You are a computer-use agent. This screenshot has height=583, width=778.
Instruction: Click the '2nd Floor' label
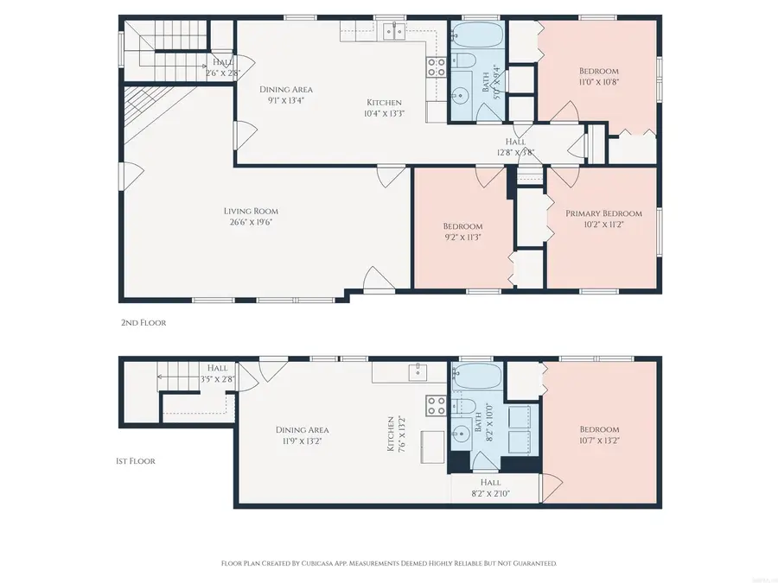pos(143,322)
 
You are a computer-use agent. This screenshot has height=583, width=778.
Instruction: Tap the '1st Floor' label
pos(136,461)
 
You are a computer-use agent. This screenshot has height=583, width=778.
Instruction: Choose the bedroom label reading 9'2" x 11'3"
pos(462,232)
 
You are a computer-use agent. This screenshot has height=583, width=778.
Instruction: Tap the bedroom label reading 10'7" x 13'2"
pos(599,435)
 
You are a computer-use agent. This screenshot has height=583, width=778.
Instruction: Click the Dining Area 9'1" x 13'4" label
pos(286,94)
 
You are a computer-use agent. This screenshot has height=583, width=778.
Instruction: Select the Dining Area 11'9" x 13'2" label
pos(302,435)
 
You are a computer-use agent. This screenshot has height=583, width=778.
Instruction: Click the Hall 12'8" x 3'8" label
pos(515,147)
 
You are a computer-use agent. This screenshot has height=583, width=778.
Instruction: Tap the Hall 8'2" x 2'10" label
pos(490,488)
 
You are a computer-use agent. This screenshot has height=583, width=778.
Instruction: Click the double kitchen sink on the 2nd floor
pos(395,32)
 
